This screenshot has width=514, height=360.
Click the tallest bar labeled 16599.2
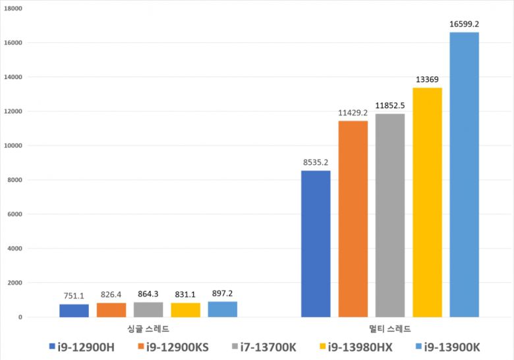tap(464, 175)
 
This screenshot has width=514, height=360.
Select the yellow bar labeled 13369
tap(427, 202)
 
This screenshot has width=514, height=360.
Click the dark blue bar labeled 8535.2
tap(316, 244)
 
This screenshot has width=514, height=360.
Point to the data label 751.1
tap(74, 296)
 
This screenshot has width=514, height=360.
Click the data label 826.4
tap(111, 295)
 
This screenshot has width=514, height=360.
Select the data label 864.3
tap(148, 294)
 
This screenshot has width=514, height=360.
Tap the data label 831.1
tap(185, 295)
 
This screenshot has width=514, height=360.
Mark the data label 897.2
tap(222, 293)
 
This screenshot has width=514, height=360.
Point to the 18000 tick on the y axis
tap(13, 9)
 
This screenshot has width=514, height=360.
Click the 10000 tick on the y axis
tap(13, 146)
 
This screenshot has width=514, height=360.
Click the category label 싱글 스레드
tap(148, 328)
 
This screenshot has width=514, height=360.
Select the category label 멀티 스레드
tap(390, 328)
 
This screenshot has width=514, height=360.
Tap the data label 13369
tap(427, 80)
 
